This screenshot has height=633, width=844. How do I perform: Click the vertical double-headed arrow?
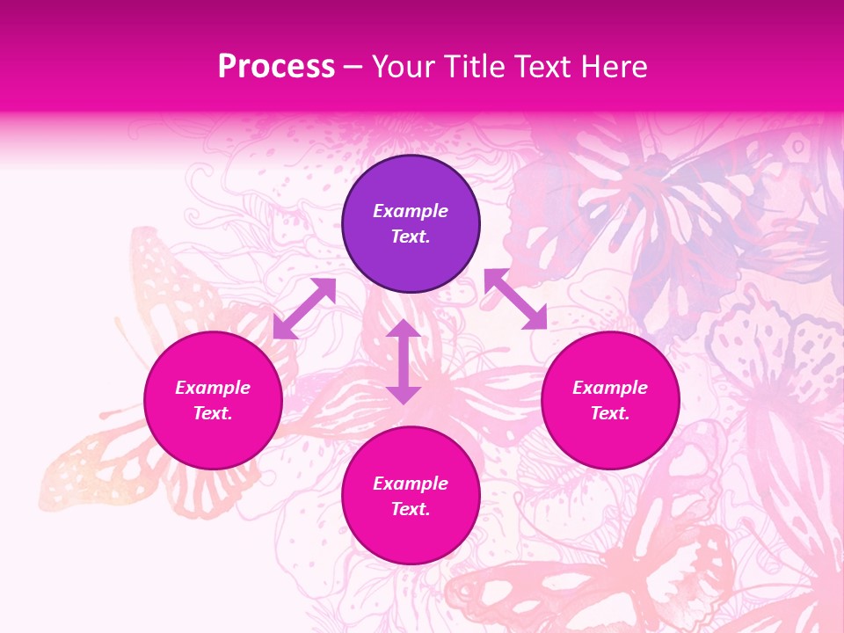[404, 361]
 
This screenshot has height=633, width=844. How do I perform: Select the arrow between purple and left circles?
[304, 309]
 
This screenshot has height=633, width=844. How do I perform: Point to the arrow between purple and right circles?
[515, 299]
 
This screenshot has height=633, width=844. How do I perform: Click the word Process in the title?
[276, 67]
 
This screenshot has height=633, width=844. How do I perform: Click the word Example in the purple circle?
[411, 211]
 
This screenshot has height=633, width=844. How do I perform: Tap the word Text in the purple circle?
[411, 236]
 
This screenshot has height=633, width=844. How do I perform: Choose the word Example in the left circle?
[213, 388]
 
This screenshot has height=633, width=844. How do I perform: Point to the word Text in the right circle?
[610, 413]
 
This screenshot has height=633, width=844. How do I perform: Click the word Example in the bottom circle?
[411, 484]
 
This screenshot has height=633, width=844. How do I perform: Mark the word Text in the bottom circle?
[411, 509]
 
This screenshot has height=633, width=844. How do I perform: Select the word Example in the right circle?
[610, 388]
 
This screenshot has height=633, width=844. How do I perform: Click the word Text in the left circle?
[213, 413]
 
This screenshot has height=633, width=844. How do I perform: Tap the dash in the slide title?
[353, 68]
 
